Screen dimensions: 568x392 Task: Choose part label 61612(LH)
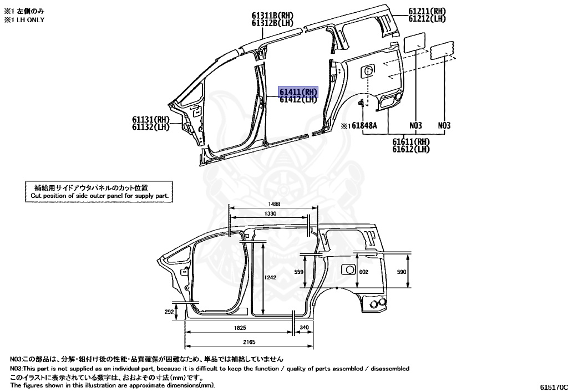(x=411, y=149)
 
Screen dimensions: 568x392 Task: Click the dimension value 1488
(x=272, y=205)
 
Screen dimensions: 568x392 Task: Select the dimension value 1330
(x=271, y=213)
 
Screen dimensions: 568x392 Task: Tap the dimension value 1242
(x=270, y=277)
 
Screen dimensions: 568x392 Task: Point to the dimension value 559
(x=299, y=272)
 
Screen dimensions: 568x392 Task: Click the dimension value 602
(x=363, y=272)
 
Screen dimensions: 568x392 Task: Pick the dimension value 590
(x=402, y=272)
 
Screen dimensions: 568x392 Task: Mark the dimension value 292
(x=170, y=312)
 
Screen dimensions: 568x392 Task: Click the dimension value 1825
(x=240, y=328)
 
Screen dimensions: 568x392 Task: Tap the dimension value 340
(x=303, y=328)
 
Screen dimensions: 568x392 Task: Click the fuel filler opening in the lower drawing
(x=348, y=269)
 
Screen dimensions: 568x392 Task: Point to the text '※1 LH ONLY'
(x=24, y=19)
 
